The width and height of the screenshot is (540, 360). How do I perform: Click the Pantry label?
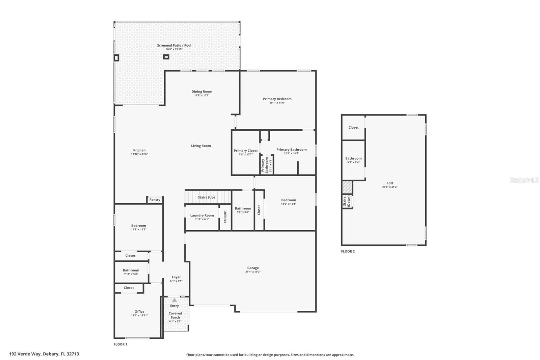pos(155,200)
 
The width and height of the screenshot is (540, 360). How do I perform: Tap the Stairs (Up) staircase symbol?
pos(208,197)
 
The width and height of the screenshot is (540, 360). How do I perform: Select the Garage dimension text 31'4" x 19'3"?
pos(253,272)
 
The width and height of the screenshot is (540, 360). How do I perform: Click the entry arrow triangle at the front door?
pos(174,300)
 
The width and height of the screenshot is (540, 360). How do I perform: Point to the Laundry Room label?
pos(202,215)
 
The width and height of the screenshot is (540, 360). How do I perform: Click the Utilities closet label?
pos(225,217)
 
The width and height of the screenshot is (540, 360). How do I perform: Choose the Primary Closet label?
pos(246,151)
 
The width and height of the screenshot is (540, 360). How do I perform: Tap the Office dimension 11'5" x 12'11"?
pos(139,315)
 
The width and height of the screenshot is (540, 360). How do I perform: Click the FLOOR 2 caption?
pos(348,251)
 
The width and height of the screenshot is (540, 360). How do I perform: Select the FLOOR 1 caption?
pos(120,344)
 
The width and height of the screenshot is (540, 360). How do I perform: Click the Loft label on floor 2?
pos(390,183)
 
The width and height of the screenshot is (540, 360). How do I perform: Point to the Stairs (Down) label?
pos(347,201)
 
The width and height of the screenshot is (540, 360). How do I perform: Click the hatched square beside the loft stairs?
pos(347,187)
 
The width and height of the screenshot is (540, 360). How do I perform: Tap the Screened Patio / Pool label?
pos(174,45)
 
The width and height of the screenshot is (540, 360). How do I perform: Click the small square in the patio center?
pos(166,57)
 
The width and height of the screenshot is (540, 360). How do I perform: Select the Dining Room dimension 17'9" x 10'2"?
pos(202,95)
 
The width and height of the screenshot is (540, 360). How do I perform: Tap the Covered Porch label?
pos(175,315)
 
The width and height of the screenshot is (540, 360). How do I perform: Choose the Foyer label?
pos(176,277)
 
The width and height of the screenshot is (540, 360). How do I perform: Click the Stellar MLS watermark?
pos(524,180)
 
